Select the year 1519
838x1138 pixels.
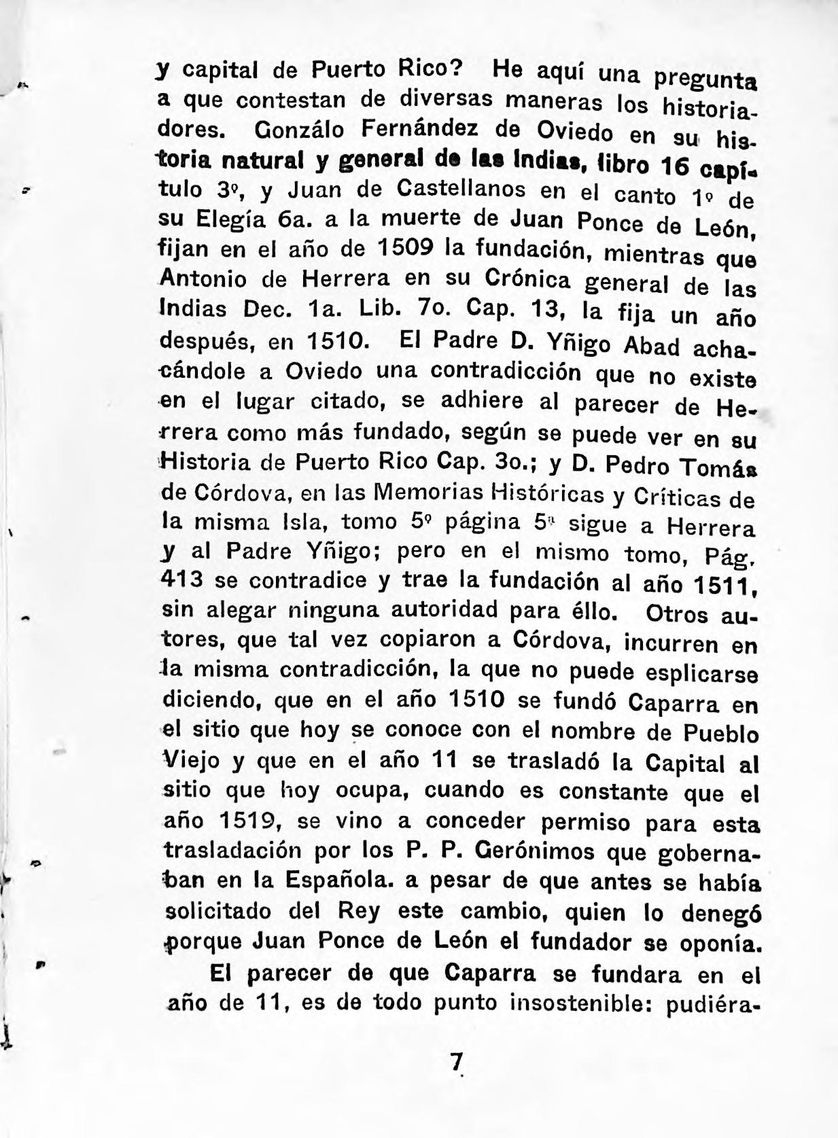point(251,820)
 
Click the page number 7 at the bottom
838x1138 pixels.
point(457,1061)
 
